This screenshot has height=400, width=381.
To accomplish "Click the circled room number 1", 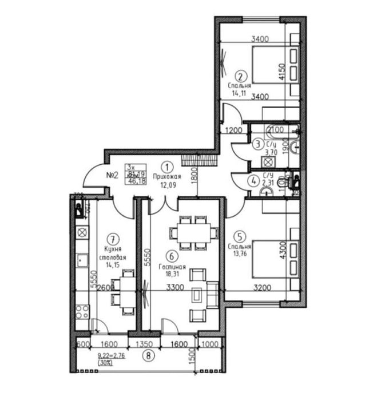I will click(x=166, y=167).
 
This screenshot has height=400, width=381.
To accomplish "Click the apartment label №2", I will click(x=112, y=175).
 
